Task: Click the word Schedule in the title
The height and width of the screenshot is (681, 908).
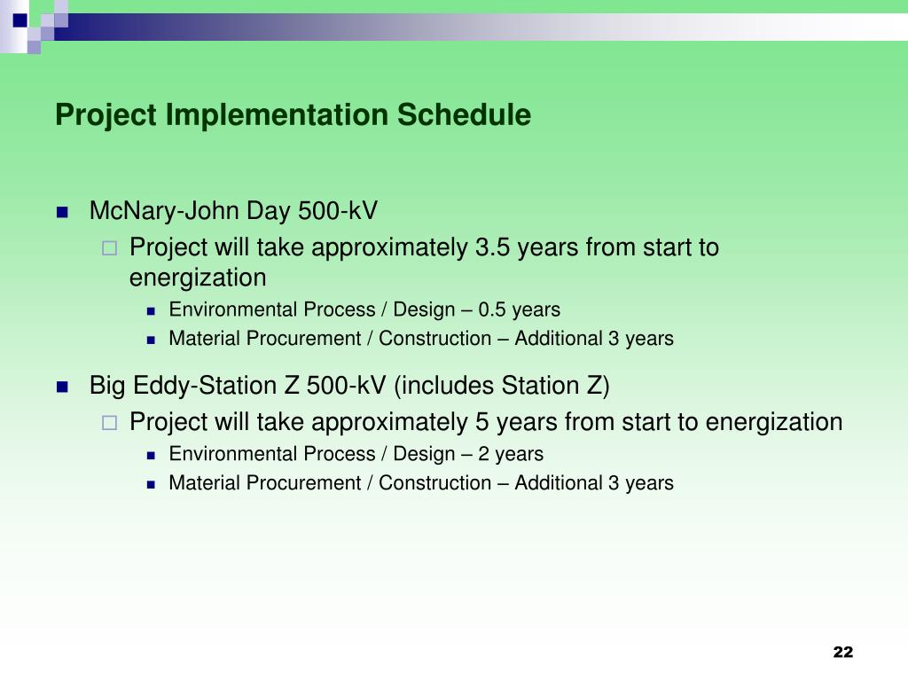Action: [464, 114]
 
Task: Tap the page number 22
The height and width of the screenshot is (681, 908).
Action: [843, 652]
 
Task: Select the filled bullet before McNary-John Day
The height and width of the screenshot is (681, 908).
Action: [63, 212]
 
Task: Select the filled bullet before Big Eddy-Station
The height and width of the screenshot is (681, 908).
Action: [63, 387]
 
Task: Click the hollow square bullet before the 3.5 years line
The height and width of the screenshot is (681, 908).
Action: [109, 248]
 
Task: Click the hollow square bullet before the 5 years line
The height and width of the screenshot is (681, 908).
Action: [109, 423]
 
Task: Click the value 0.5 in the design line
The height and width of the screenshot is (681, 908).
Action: [491, 309]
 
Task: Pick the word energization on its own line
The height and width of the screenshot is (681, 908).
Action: [198, 278]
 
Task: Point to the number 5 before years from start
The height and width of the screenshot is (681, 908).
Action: [481, 422]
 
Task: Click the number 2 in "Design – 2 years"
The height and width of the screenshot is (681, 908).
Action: [484, 454]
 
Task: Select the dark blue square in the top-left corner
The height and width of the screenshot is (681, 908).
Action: [20, 21]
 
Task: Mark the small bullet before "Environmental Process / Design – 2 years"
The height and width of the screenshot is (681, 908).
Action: [151, 456]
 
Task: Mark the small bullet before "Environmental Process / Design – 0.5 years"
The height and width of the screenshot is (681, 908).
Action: [151, 311]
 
